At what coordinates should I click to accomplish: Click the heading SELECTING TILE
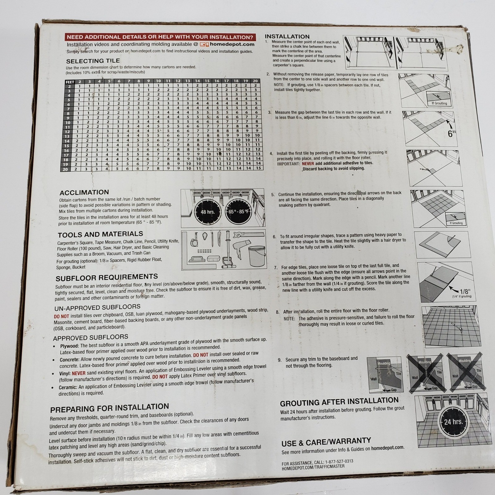(93, 61)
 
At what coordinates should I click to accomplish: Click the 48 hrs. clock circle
(208, 212)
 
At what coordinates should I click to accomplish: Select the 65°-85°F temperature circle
(239, 212)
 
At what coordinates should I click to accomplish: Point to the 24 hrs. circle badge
(454, 422)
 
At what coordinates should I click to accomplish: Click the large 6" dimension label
(452, 134)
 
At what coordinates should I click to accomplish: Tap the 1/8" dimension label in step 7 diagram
(465, 291)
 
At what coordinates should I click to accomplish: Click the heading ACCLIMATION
(84, 192)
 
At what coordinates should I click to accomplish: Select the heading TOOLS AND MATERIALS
(101, 235)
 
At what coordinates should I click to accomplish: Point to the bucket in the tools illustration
(257, 256)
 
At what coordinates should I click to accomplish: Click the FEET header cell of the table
(70, 82)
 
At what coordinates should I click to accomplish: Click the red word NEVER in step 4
(308, 163)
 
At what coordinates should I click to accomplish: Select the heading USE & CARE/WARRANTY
(326, 442)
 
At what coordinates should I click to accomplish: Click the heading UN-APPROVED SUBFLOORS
(97, 308)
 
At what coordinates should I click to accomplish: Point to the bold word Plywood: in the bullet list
(70, 346)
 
